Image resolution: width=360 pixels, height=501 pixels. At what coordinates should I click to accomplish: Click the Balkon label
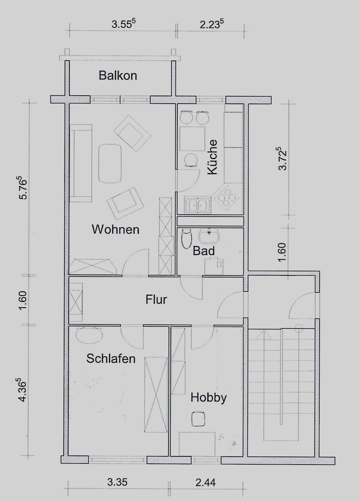pyautogui.click(x=118, y=76)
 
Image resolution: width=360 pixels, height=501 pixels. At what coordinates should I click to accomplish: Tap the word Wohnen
pyautogui.click(x=115, y=230)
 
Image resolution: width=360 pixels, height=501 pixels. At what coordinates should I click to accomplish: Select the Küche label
pyautogui.click(x=212, y=157)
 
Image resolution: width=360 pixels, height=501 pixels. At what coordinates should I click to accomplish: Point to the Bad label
pyautogui.click(x=204, y=251)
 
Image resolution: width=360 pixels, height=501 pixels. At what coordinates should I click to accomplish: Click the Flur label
pyautogui.click(x=156, y=299)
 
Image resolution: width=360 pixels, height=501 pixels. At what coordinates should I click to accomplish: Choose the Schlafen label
pyautogui.click(x=111, y=359)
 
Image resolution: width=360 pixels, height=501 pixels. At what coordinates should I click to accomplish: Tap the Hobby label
pyautogui.click(x=208, y=398)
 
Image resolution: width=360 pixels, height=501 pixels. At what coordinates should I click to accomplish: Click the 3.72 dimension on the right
pyautogui.click(x=282, y=158)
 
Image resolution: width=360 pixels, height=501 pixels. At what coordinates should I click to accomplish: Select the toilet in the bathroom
pyautogui.click(x=187, y=239)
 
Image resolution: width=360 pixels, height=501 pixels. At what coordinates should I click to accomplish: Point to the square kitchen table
pyautogui.click(x=193, y=139)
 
